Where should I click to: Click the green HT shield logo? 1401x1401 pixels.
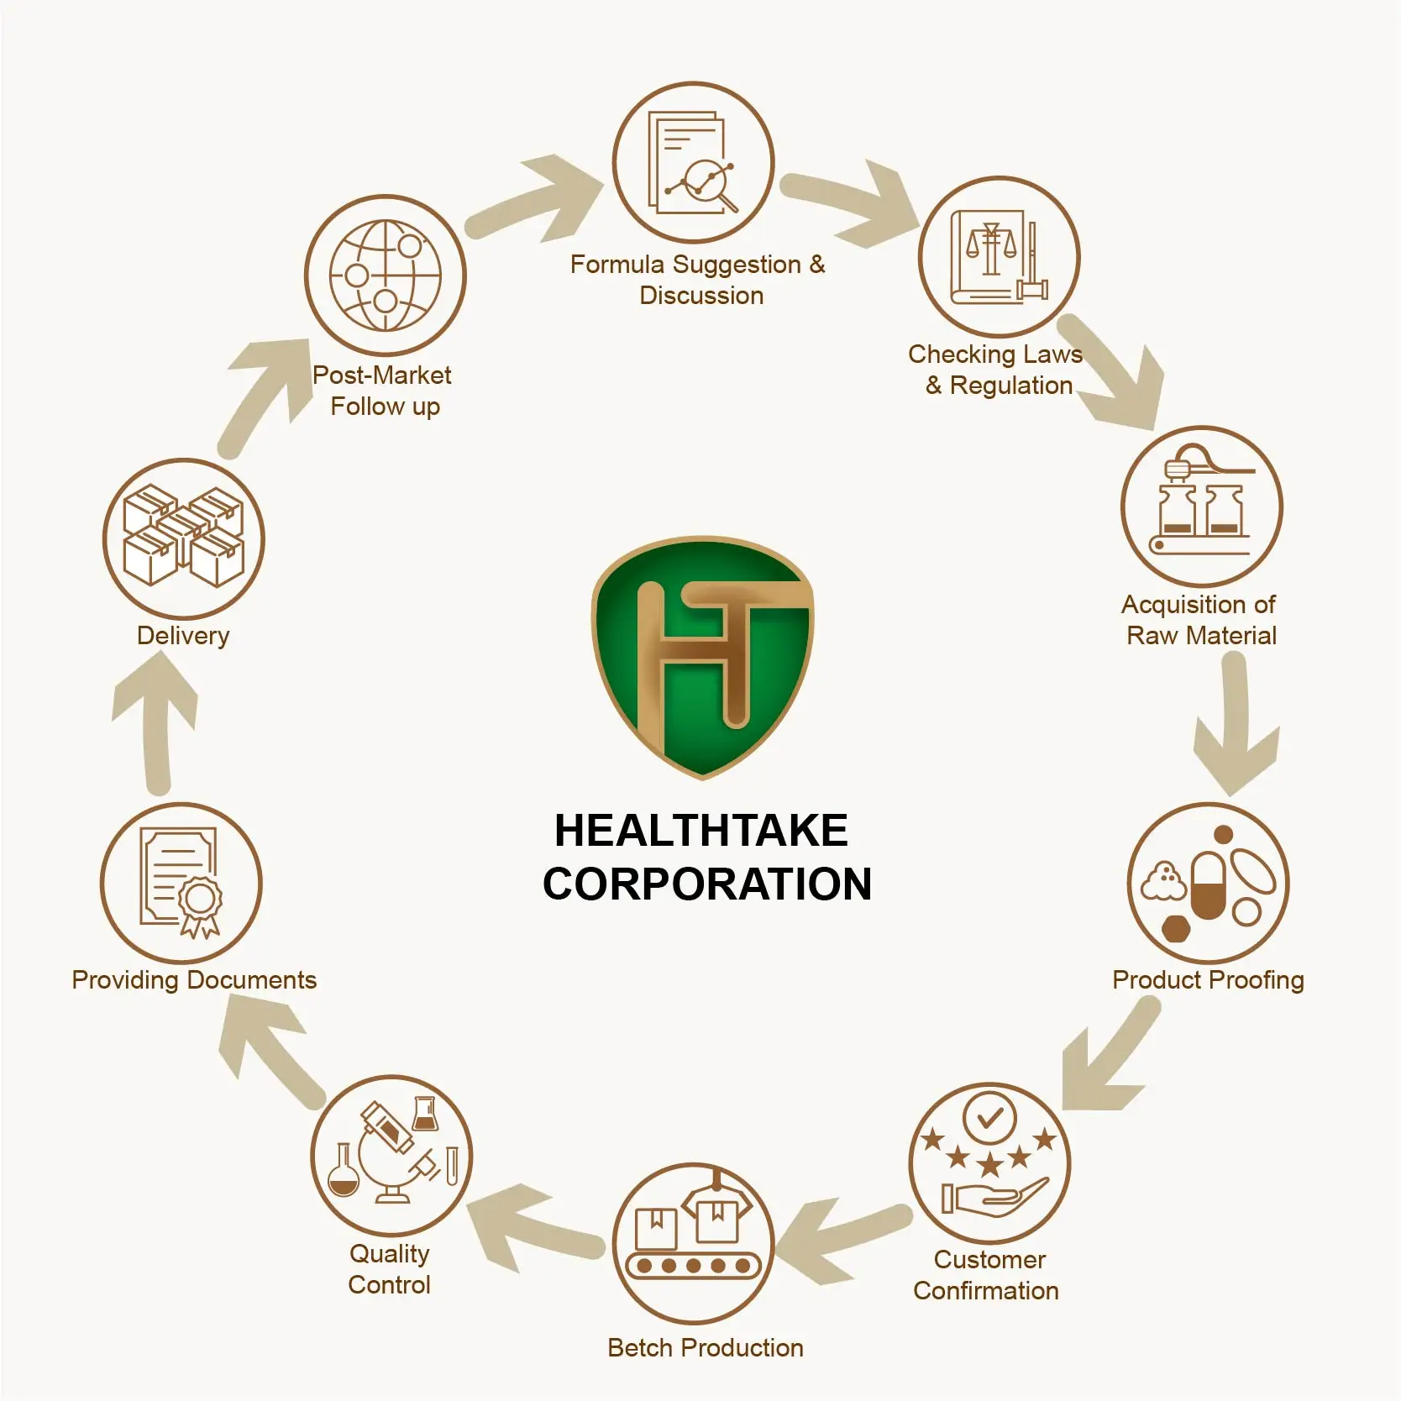(x=702, y=656)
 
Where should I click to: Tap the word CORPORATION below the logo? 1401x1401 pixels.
(x=706, y=884)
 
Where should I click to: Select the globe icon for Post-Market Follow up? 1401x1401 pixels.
(x=385, y=275)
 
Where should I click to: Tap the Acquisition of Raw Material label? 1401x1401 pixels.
(x=1200, y=620)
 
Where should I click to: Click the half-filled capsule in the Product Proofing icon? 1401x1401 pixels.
(x=1208, y=887)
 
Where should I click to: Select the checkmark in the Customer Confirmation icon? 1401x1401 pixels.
(x=989, y=1117)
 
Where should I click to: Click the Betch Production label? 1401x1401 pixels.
(x=705, y=1348)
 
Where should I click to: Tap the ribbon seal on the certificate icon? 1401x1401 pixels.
(x=200, y=904)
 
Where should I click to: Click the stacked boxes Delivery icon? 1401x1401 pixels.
(x=183, y=536)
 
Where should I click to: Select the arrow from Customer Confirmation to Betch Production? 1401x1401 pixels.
(x=840, y=1240)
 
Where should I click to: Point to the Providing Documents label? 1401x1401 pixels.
(x=194, y=980)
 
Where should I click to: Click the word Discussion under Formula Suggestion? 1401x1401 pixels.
(x=701, y=296)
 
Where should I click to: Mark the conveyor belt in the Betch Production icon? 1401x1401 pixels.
(x=693, y=1265)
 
